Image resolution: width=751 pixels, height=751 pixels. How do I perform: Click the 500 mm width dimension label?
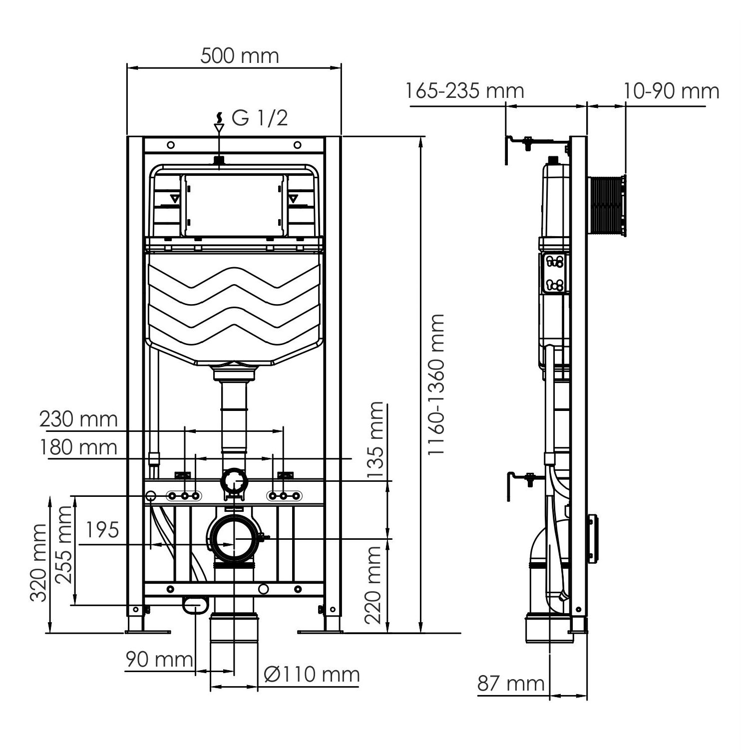pos(240,55)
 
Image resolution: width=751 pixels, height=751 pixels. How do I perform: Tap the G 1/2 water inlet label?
pos(260,118)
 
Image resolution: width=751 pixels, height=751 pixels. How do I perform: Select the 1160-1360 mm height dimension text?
pos(436,384)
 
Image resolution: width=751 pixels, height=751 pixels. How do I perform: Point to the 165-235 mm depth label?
pos(464,91)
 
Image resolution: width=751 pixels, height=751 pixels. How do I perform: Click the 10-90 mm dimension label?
pos(671,91)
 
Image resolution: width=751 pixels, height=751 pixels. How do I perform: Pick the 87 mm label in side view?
pos(511,683)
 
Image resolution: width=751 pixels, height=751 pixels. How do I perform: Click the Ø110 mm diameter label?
pos(312,675)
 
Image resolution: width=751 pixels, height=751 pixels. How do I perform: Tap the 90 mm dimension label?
pos(159,660)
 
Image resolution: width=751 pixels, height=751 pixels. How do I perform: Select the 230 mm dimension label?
pos(79,419)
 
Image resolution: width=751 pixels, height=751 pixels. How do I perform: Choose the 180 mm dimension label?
pos(79,447)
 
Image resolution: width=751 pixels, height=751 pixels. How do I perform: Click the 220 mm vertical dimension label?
pos(373,585)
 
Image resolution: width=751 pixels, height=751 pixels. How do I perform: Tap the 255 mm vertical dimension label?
pos(63,544)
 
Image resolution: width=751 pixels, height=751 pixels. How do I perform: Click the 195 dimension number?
pos(102,529)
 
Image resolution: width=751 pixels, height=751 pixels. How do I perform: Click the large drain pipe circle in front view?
pos(234,539)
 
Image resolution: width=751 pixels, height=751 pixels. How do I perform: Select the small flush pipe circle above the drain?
pos(234,481)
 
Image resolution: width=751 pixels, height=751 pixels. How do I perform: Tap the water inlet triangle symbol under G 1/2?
pos(219,128)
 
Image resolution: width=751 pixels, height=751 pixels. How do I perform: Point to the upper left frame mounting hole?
pos(171,145)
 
